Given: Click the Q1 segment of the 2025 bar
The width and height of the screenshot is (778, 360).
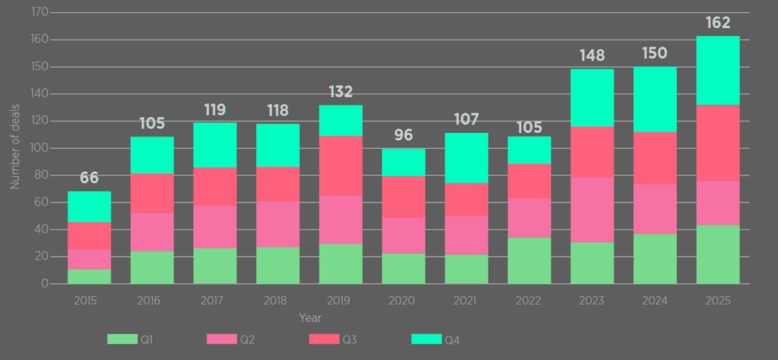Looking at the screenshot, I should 718,254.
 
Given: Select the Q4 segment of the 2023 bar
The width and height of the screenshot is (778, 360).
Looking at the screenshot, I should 592,97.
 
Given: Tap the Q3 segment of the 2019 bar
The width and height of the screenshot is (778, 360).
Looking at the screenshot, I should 340,166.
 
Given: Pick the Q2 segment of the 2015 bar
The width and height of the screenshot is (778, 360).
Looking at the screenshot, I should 89,259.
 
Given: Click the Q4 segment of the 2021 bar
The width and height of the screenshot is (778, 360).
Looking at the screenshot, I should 466,158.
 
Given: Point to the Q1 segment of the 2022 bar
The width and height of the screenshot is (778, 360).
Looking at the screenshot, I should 529,261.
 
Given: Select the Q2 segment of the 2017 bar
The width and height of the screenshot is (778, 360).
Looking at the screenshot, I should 214,226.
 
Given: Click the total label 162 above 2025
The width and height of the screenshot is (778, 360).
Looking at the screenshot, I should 718,23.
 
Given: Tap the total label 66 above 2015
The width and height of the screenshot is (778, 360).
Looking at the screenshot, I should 89,178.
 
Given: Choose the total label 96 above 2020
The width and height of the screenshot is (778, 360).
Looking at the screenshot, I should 403,136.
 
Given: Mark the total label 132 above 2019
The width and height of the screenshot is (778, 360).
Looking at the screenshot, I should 340,92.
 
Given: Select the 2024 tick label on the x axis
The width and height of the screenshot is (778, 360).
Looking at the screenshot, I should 655,300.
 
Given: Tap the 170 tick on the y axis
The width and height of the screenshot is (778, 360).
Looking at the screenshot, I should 40,13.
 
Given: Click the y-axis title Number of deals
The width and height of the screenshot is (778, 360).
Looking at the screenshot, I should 14,148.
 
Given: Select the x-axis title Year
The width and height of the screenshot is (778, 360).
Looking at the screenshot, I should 309,317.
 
